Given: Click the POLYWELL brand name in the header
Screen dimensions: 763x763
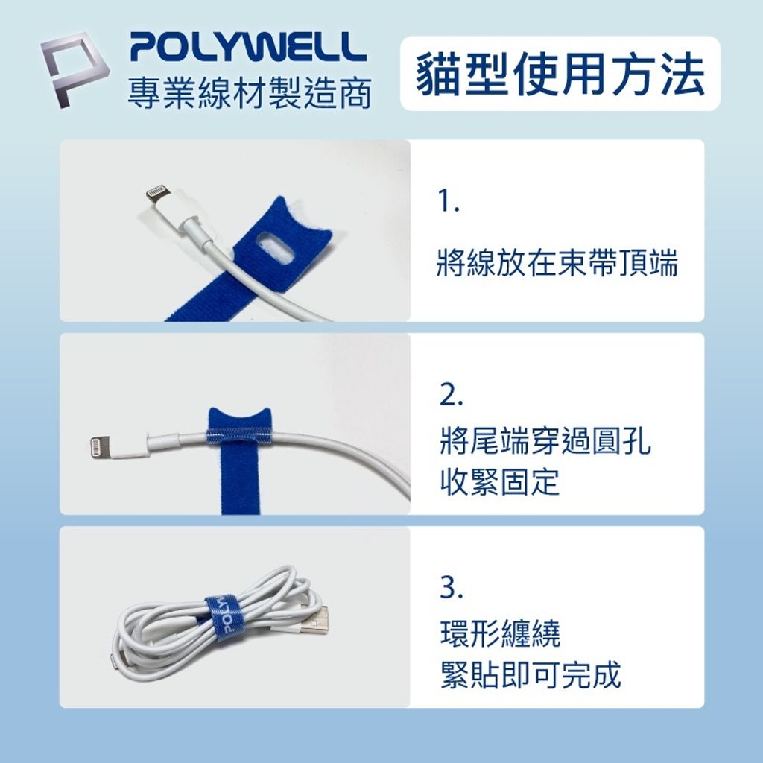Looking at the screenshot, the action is point(248,47).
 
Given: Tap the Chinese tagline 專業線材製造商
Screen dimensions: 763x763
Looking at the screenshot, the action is point(250,92).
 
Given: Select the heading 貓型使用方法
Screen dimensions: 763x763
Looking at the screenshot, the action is point(560,74).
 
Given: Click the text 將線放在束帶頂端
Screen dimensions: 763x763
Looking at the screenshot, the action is point(557,263).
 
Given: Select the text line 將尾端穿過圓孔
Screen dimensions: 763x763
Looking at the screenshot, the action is point(545,441).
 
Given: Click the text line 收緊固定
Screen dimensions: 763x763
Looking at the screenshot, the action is point(500,481).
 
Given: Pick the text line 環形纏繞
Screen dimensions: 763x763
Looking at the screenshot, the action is point(500,633).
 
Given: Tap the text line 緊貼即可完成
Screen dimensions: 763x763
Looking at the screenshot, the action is point(531,674).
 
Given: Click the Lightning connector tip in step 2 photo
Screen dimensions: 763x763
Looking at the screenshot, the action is point(99,447).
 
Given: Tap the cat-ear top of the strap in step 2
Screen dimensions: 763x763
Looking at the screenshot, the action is point(239,419).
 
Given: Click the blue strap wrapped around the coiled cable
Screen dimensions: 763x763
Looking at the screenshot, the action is point(222,618).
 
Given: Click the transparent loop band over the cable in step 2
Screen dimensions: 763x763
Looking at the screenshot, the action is point(240,437).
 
